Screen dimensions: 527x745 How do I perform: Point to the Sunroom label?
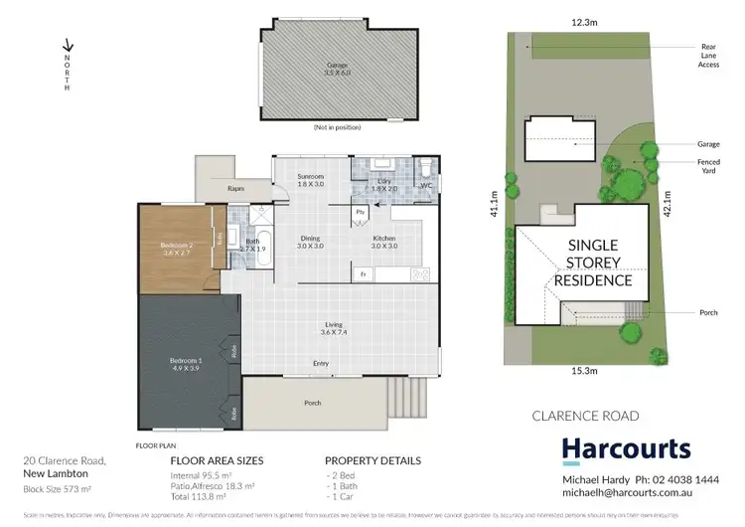point(311,177)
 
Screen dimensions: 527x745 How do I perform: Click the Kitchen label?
point(384,239)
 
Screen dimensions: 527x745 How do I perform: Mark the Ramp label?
point(236,187)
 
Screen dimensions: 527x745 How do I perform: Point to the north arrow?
point(68,46)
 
